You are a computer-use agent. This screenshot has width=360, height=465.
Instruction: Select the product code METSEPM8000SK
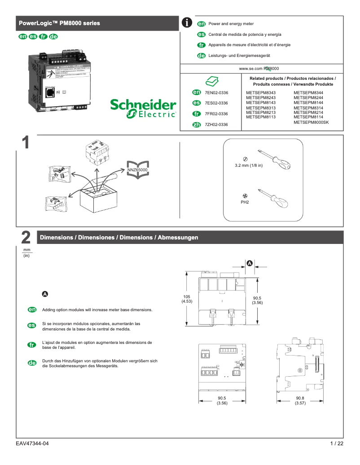311,122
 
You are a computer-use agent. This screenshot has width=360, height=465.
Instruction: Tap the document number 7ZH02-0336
216,124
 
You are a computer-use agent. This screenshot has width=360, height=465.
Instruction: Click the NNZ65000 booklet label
137,170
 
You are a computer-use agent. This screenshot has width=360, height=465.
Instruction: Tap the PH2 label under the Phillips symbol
245,202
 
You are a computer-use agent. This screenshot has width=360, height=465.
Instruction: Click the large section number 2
26,238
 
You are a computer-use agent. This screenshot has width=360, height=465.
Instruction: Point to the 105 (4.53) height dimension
187,299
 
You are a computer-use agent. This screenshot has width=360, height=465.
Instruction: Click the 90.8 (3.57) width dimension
300,400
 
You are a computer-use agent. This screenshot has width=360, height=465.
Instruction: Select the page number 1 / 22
336,443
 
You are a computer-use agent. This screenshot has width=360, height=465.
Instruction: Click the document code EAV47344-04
32,443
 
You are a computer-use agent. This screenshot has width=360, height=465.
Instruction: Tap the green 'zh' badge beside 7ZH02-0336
196,124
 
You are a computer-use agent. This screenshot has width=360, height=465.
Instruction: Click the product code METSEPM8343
261,93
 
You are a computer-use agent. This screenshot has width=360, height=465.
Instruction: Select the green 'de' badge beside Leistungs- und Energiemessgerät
202,56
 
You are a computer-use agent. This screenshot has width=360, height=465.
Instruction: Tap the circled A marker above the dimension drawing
249,264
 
